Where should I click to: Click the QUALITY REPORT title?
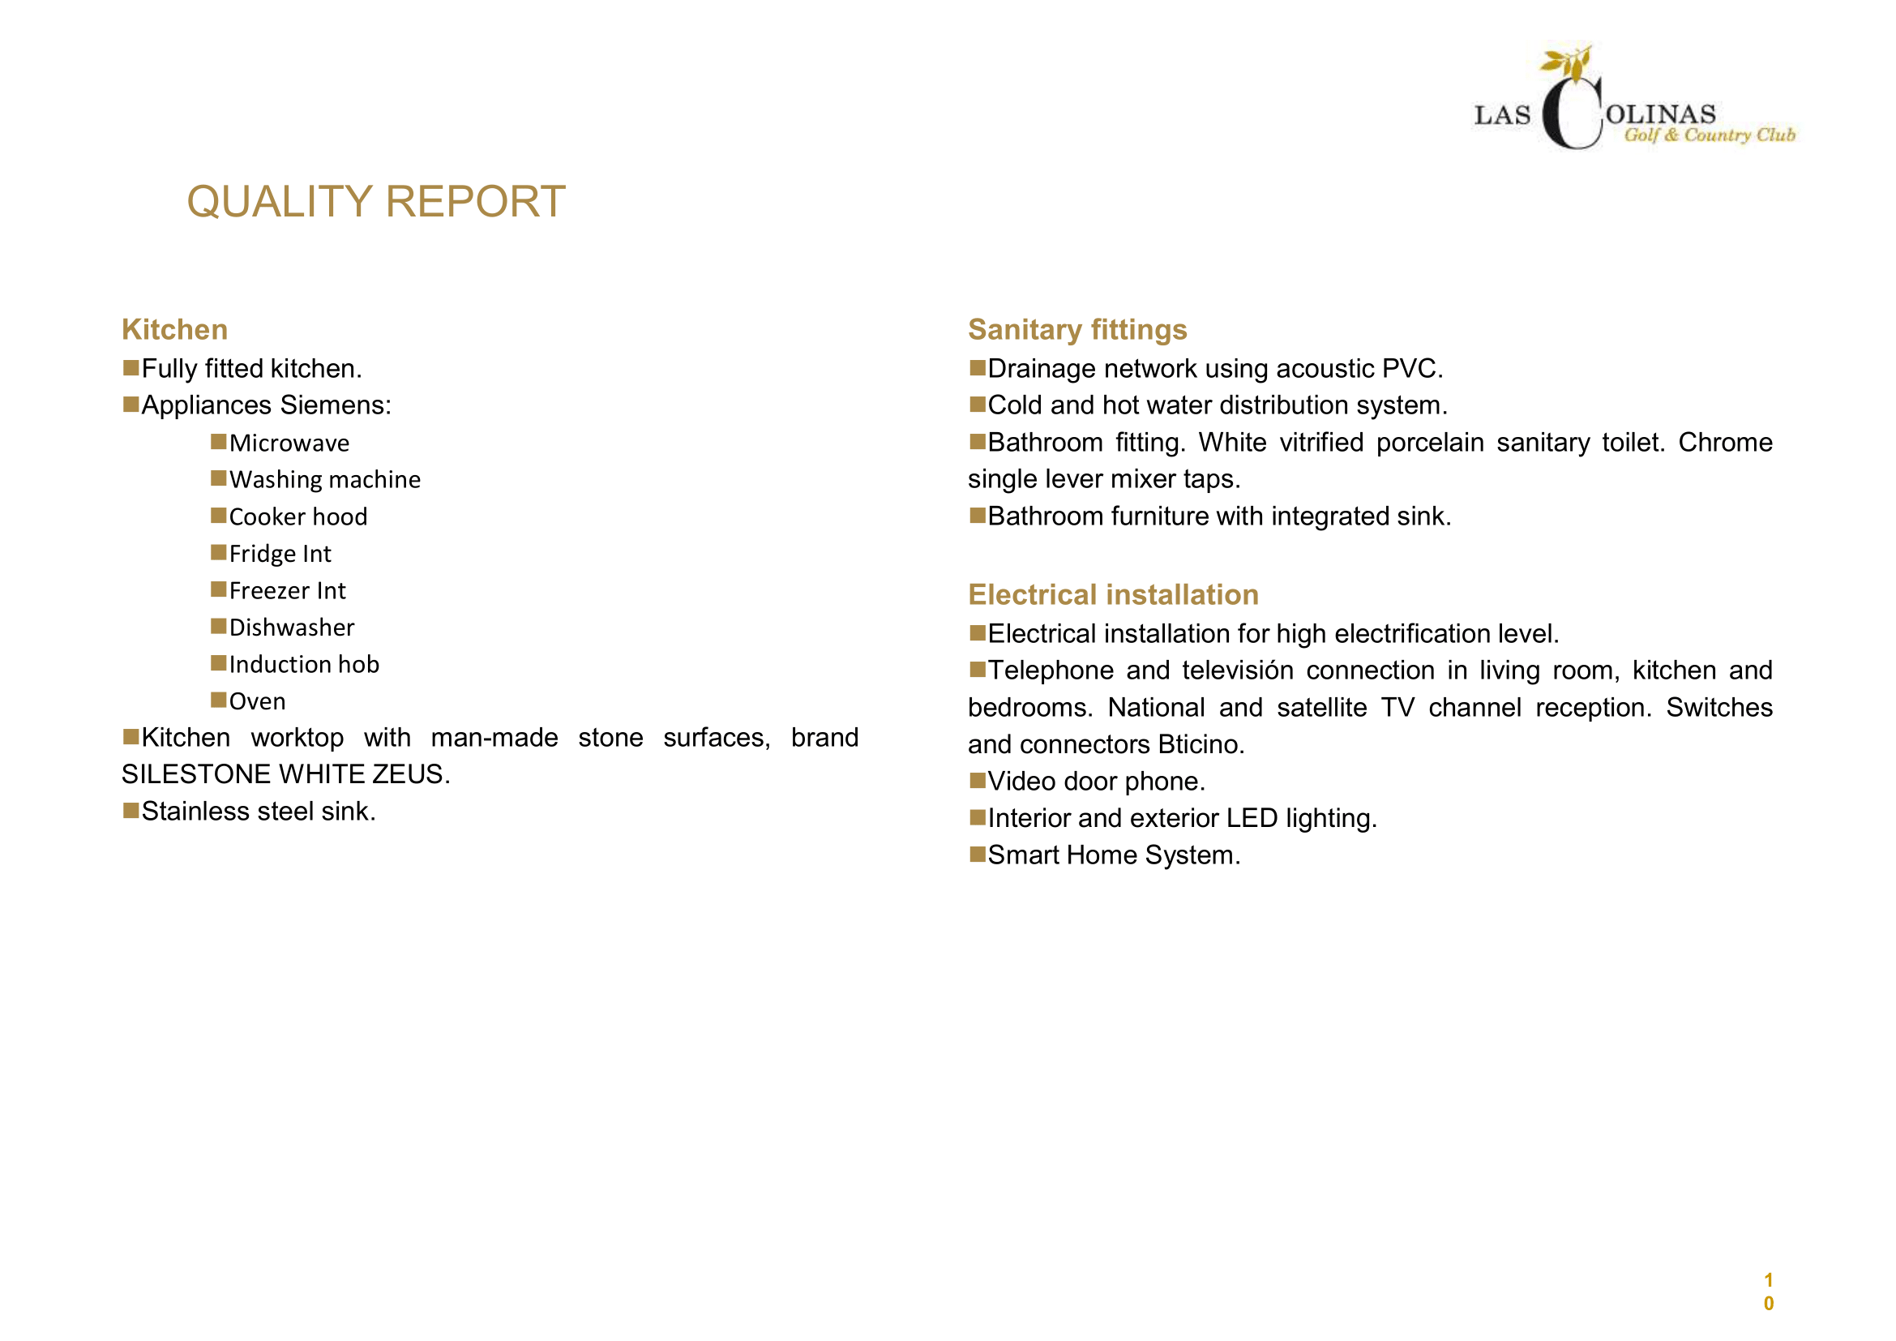point(376,203)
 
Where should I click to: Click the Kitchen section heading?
point(174,329)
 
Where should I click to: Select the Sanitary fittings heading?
point(1076,329)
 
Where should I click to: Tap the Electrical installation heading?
point(1113,594)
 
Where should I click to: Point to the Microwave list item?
point(289,443)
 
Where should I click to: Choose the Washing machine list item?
point(324,480)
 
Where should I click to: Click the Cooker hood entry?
point(298,517)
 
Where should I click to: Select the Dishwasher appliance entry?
point(292,628)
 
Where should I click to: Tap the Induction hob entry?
point(304,665)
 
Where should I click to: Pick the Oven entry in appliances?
point(257,702)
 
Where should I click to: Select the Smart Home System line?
point(1113,855)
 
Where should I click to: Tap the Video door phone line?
point(1096,781)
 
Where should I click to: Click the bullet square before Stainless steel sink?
point(131,810)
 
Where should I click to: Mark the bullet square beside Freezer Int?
point(218,589)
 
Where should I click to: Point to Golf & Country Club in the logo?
point(1710,135)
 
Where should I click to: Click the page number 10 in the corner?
point(1768,1292)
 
